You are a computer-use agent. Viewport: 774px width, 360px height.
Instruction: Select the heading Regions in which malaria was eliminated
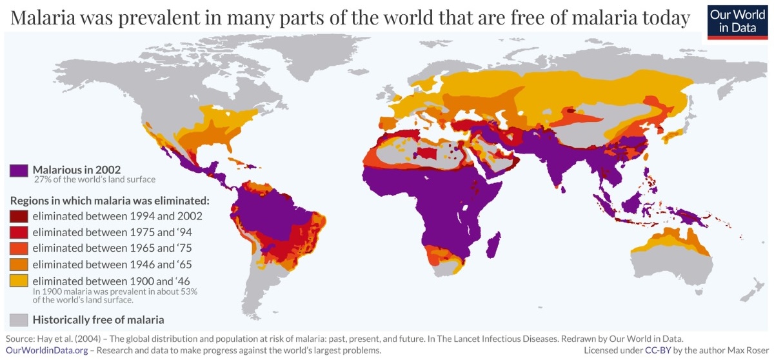pyautogui.click(x=110, y=200)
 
